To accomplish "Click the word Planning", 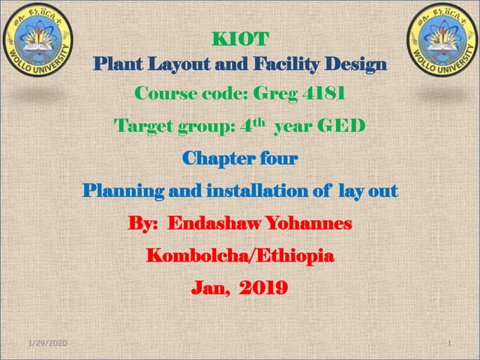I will click(127, 190).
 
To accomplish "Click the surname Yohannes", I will click(307, 223).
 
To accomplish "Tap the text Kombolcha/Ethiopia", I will click(240, 255).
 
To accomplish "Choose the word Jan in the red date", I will click(209, 287).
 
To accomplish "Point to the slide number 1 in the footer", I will click(447, 343).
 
